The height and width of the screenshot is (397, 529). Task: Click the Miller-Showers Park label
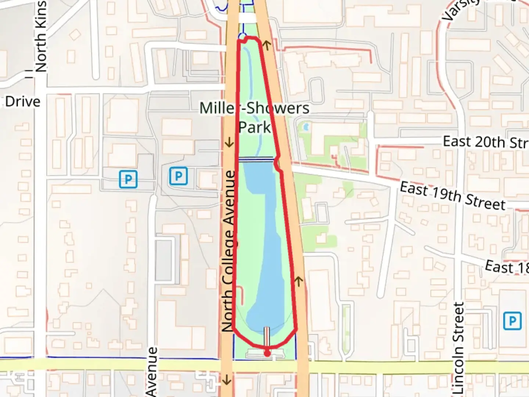click(254, 118)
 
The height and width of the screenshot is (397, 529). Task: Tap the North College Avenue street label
click(228, 251)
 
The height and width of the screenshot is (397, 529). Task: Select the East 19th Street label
click(453, 196)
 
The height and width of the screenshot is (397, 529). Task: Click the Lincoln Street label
click(459, 347)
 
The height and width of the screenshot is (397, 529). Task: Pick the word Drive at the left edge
click(22, 102)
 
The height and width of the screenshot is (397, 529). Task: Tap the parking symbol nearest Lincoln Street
click(512, 321)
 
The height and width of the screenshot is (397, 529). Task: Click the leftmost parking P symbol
click(128, 179)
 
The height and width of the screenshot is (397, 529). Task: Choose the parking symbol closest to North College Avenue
click(178, 176)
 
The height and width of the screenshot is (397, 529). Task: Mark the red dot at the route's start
click(267, 353)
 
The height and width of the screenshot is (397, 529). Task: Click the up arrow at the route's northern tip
click(267, 46)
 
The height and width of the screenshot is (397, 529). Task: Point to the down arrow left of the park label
click(229, 142)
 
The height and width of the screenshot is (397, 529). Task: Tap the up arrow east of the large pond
click(299, 282)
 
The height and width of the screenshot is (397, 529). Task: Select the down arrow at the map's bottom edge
click(227, 379)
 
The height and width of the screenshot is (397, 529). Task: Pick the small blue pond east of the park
click(305, 128)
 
